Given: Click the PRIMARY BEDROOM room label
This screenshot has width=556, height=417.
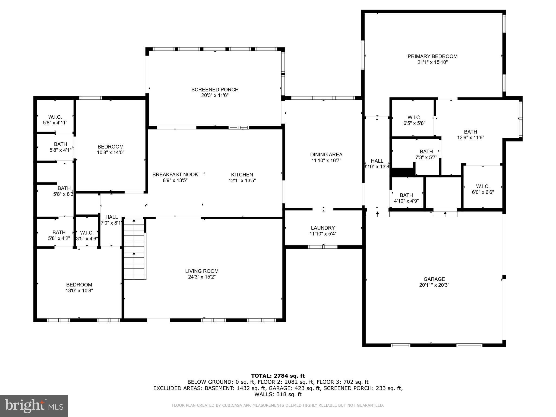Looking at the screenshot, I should pyautogui.click(x=432, y=56).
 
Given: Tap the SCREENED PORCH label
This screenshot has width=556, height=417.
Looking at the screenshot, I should pyautogui.click(x=215, y=90).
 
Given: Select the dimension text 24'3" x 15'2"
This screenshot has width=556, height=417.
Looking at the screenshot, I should pyautogui.click(x=201, y=277).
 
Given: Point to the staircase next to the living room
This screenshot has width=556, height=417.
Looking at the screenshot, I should pyautogui.click(x=134, y=249).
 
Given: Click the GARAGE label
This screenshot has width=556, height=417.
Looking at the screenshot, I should pyautogui.click(x=434, y=279).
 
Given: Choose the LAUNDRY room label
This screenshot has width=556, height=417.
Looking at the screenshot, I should pyautogui.click(x=323, y=228).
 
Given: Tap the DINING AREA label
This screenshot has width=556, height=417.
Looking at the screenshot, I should pyautogui.click(x=326, y=155).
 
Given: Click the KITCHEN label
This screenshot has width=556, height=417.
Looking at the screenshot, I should pyautogui.click(x=242, y=175).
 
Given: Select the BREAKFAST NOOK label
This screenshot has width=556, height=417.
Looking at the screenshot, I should pyautogui.click(x=175, y=175).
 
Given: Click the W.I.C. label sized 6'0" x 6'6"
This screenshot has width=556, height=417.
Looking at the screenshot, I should pyautogui.click(x=483, y=187).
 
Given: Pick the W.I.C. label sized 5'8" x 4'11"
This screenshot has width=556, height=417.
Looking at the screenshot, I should pyautogui.click(x=55, y=117).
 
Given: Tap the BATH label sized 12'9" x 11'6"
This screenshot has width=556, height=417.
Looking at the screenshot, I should pyautogui.click(x=470, y=132).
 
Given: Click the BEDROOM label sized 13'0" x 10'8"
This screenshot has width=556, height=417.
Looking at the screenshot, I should pyautogui.click(x=79, y=285).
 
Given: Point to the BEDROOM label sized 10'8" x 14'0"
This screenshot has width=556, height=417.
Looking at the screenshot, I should pyautogui.click(x=110, y=147).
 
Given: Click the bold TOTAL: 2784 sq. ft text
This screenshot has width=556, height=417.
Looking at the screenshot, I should pyautogui.click(x=278, y=376).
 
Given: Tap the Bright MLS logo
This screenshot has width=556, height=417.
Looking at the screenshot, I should pyautogui.click(x=34, y=406).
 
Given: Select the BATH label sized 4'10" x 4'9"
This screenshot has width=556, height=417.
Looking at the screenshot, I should pyautogui.click(x=406, y=195).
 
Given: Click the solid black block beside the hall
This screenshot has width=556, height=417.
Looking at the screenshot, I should pyautogui.click(x=403, y=172).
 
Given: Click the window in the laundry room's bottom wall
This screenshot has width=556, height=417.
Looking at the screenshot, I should pyautogui.click(x=323, y=247).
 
